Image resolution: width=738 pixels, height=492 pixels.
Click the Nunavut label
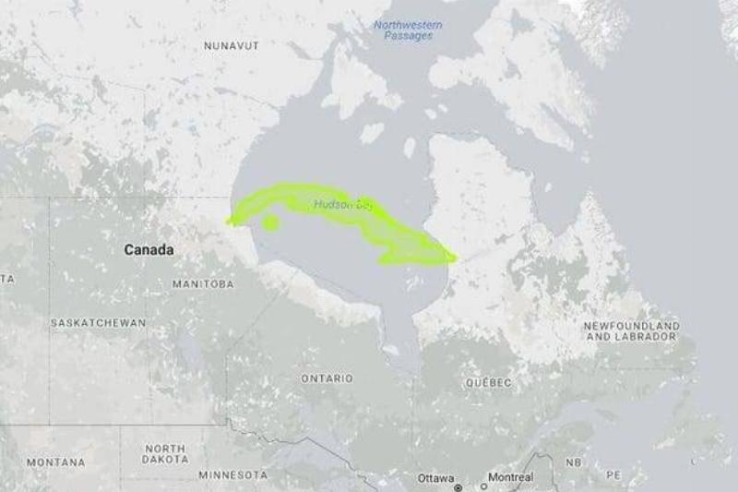click(231, 45)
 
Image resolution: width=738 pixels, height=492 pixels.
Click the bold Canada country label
click(149, 250)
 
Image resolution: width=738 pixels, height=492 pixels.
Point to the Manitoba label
click(203, 284)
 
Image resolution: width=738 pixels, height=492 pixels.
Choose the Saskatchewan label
click(98, 323)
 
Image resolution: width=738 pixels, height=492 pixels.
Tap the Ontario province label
click(327, 378)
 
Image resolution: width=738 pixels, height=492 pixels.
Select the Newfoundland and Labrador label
click(633, 331)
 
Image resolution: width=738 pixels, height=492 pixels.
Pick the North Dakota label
click(165, 453)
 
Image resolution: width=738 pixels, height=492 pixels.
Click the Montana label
click(55, 462)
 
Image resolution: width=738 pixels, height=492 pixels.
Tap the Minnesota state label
click(233, 474)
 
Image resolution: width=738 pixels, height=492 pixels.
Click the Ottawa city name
click(435, 477)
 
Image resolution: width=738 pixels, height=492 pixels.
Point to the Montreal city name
click(510, 477)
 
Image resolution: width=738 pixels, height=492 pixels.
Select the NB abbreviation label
click(574, 462)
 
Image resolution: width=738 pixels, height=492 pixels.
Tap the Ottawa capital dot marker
click(458, 486)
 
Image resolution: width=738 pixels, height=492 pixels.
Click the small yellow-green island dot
click(270, 222)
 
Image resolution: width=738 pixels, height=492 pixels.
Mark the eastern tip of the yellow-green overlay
click(455, 258)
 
